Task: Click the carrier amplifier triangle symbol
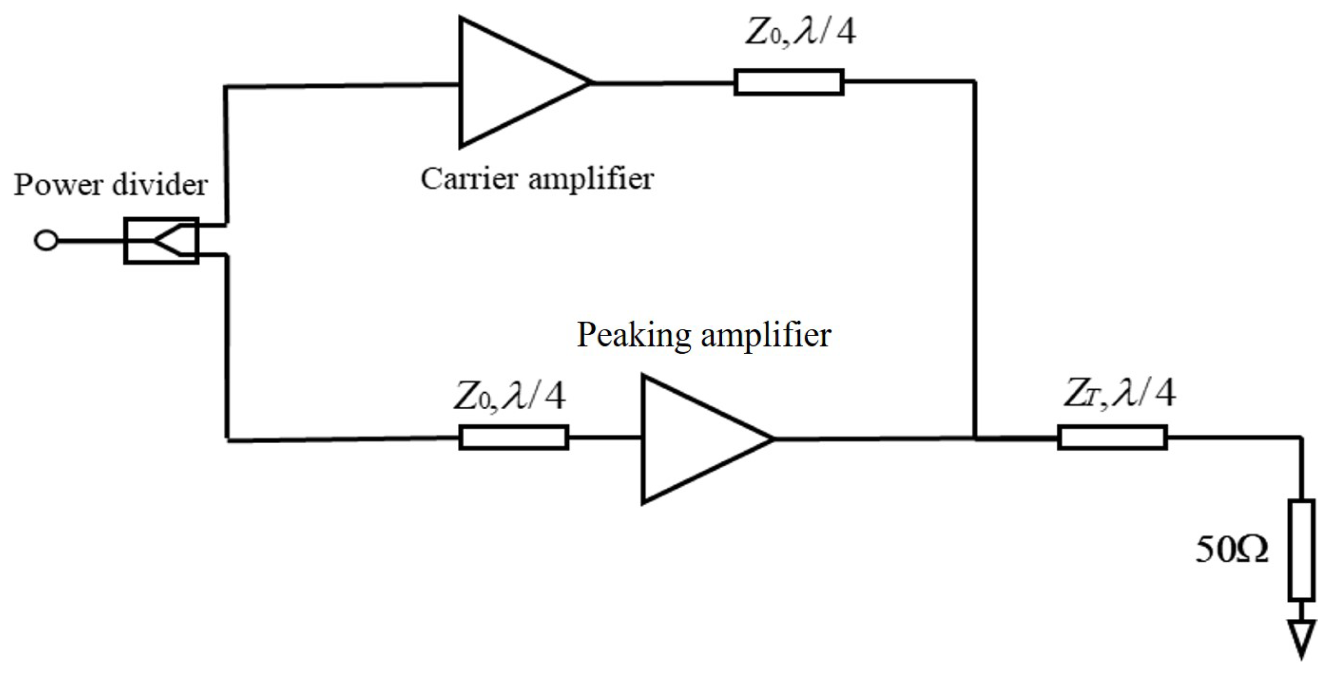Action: pyautogui.click(x=510, y=83)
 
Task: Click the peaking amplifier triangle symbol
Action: pyautogui.click(x=693, y=439)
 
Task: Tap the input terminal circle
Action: pyautogui.click(x=46, y=241)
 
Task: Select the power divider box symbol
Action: pyautogui.click(x=161, y=240)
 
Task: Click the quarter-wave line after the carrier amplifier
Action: pyautogui.click(x=789, y=82)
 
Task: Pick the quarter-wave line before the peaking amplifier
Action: pyautogui.click(x=514, y=437)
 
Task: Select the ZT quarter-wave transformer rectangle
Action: pyautogui.click(x=1112, y=437)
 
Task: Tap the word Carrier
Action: pyautogui.click(x=468, y=179)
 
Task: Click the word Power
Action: pyautogui.click(x=59, y=186)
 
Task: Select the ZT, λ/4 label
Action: pyautogui.click(x=1120, y=394)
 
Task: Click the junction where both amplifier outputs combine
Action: pyautogui.click(x=976, y=438)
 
